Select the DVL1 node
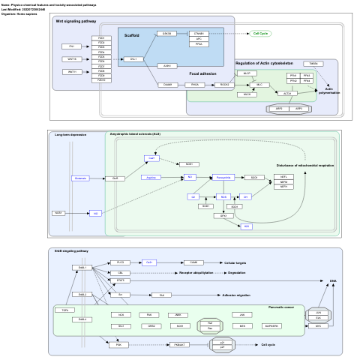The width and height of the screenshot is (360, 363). pyautogui.click(x=133, y=58)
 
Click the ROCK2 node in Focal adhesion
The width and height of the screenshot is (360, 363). pyautogui.click(x=225, y=85)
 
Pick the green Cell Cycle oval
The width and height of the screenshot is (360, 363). pyautogui.click(x=261, y=34)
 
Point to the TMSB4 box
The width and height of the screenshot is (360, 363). pyautogui.click(x=313, y=64)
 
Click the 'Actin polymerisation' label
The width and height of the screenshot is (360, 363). pyautogui.click(x=328, y=91)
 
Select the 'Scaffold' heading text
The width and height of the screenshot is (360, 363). pyautogui.click(x=131, y=35)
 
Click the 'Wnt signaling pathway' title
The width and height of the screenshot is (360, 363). pyautogui.click(x=76, y=21)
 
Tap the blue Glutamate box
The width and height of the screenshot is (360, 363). pyautogui.click(x=81, y=178)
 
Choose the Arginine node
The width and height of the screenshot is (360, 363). pyautogui.click(x=151, y=178)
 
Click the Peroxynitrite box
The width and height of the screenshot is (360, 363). pyautogui.click(x=223, y=178)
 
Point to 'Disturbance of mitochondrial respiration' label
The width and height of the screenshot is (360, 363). pyautogui.click(x=304, y=165)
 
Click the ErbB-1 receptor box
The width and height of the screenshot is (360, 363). pyautogui.click(x=82, y=267)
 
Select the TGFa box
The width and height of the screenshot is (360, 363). pyautogui.click(x=64, y=309)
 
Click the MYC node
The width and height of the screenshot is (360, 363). pyautogui.click(x=318, y=326)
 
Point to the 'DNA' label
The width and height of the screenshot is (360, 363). pyautogui.click(x=333, y=280)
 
